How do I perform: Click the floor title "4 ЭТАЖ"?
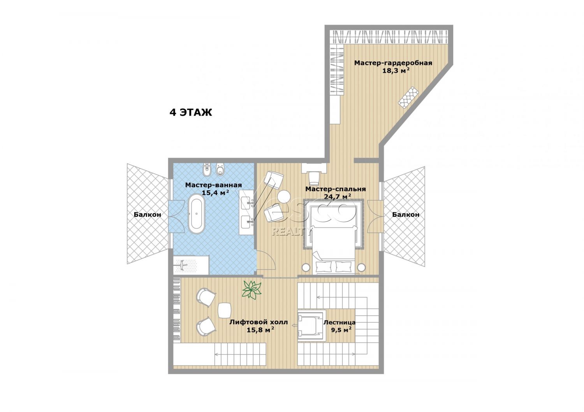pos(191,112)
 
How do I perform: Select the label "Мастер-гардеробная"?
pos(393,63)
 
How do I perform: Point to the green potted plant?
pos(252,290)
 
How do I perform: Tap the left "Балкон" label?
pos(147,215)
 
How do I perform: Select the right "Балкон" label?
pos(406,215)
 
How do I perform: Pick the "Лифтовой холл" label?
pos(259,322)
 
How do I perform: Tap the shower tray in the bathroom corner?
pos(191,265)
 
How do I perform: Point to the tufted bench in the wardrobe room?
pos(408,96)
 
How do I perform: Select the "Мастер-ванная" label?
pos(213,185)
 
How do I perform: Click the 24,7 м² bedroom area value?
pos(338,197)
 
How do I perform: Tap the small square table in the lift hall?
pos(225,310)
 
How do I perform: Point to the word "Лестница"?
pos(339,323)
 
